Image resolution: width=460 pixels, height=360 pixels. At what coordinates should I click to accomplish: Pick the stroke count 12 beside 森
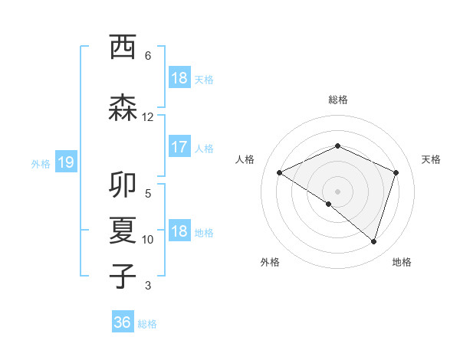pyautogui.click(x=148, y=117)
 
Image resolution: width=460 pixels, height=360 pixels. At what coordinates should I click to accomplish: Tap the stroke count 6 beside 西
pyautogui.click(x=148, y=56)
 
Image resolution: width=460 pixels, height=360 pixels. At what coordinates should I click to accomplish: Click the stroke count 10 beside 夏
pyautogui.click(x=148, y=240)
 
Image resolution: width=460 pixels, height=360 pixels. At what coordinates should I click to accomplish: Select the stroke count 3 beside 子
pyautogui.click(x=148, y=286)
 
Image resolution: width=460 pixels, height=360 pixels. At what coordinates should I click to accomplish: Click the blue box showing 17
pyautogui.click(x=179, y=147)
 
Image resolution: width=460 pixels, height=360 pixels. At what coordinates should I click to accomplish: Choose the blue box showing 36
pyautogui.click(x=123, y=322)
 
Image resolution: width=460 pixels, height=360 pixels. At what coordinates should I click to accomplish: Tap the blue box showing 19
pyautogui.click(x=66, y=162)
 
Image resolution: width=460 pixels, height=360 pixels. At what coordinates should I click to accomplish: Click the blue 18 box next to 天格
pyautogui.click(x=179, y=78)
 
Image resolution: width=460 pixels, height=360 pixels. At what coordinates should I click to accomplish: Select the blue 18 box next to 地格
pyautogui.click(x=179, y=232)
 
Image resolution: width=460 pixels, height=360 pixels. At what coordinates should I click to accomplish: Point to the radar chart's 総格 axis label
pyautogui.click(x=337, y=100)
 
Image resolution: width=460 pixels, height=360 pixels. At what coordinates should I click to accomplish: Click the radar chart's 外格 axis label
pyautogui.click(x=270, y=262)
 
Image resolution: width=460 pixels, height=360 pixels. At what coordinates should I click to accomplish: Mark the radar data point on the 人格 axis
pyautogui.click(x=280, y=173)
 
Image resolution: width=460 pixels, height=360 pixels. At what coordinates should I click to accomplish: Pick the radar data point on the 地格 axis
pyautogui.click(x=373, y=241)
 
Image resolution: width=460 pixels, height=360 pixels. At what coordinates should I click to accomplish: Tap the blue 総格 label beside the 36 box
pyautogui.click(x=147, y=324)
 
